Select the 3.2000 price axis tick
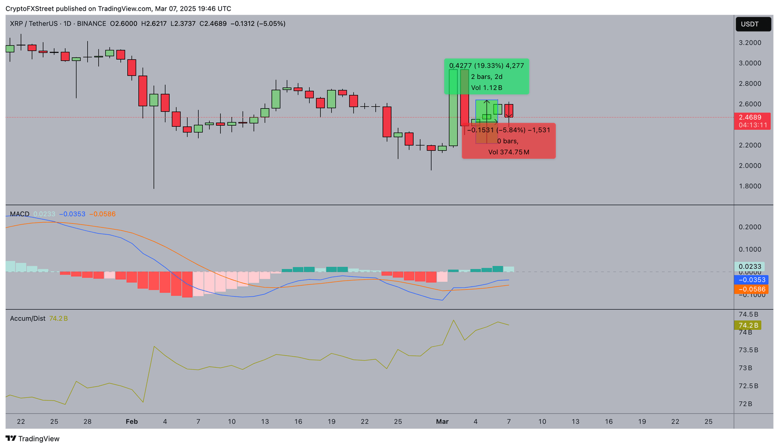point(750,43)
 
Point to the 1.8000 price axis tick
point(750,186)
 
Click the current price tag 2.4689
point(753,117)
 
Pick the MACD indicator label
point(20,214)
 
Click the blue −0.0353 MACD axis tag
point(752,280)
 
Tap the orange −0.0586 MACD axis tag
point(752,289)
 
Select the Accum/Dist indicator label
point(28,319)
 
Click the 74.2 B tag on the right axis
point(749,325)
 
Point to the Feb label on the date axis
point(132,422)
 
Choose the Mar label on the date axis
point(442,422)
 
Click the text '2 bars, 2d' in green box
point(486,77)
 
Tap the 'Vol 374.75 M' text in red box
point(509,152)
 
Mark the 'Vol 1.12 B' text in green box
point(486,88)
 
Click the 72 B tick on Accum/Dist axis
point(746,404)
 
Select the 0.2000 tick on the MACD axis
point(750,227)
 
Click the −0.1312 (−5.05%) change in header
point(258,24)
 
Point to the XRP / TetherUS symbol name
point(32,24)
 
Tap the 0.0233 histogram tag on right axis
point(750,266)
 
